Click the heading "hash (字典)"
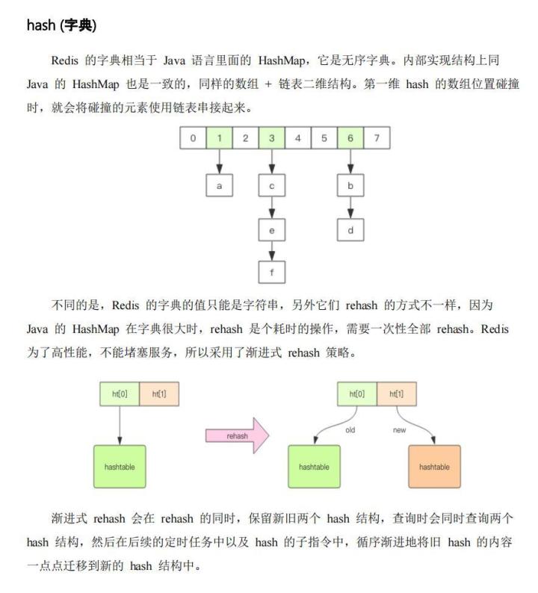[61, 25]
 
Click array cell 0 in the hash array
[193, 138]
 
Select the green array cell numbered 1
[219, 138]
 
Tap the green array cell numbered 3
[271, 138]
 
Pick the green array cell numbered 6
[350, 138]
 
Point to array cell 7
[377, 138]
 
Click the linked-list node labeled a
[219, 186]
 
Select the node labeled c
[271, 186]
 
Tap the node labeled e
[271, 230]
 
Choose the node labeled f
[271, 273]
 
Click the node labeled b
[350, 186]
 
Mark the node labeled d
[350, 230]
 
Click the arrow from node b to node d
[350, 208]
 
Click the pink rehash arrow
[237, 435]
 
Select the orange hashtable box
[434, 467]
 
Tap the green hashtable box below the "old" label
[314, 467]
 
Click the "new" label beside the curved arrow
[399, 430]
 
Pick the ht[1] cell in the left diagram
[158, 394]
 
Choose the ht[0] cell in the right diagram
[357, 394]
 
